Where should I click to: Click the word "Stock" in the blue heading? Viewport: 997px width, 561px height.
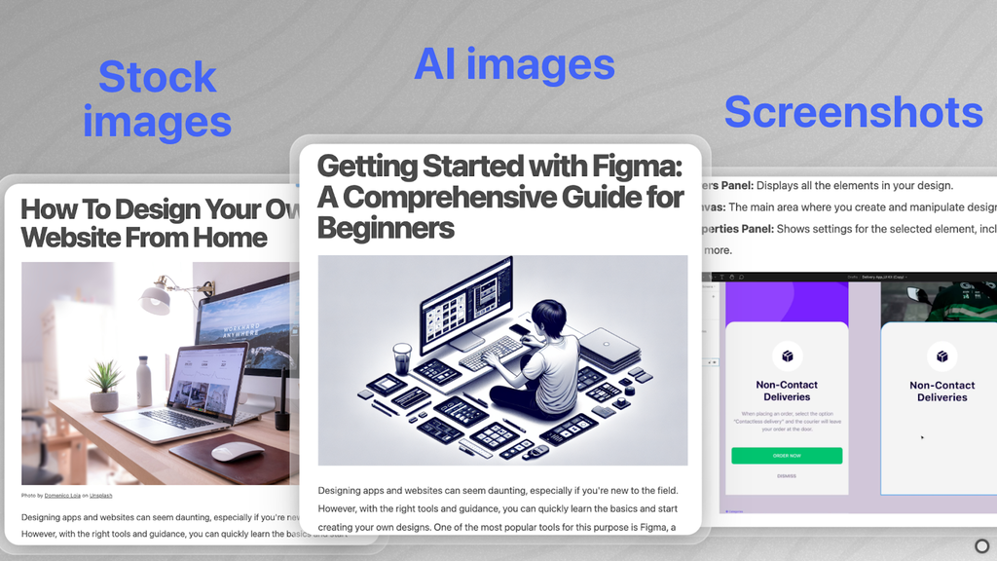point(158,77)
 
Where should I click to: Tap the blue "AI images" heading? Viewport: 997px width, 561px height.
point(514,64)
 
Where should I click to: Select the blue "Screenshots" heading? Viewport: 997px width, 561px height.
point(853,112)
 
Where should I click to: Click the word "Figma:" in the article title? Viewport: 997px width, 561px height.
point(635,166)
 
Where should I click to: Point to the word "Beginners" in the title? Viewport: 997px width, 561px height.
point(386,228)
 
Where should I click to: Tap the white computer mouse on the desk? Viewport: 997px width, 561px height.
point(237,452)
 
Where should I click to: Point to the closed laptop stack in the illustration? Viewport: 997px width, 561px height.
point(609,348)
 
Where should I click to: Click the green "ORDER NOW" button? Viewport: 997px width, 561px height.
point(787,456)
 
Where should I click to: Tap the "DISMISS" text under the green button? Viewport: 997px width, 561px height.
point(787,476)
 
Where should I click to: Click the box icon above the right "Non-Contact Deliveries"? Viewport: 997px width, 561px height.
point(942,356)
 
